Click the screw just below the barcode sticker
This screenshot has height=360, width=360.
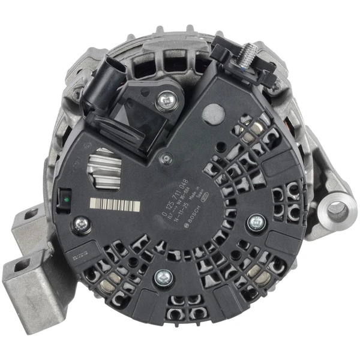pos(79,224)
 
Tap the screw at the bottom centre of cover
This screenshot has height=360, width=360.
pos(161,277)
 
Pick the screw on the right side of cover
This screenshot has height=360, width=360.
pos(256,221)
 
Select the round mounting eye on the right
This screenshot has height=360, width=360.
pos(335,210)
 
